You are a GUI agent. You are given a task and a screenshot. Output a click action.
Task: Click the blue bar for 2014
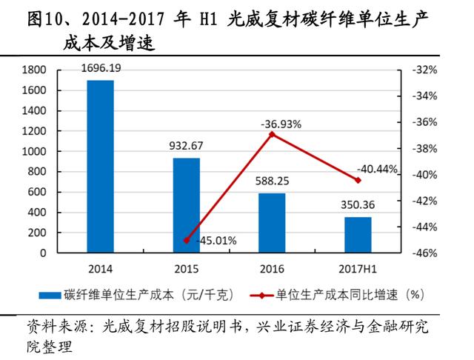101,167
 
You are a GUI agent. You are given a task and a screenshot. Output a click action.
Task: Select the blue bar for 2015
187,205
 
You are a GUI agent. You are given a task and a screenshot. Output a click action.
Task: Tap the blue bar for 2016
272,223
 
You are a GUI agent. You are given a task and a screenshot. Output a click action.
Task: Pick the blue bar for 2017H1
358,235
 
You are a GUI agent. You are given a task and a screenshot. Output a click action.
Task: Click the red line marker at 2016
272,134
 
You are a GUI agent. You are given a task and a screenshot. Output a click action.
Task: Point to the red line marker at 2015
187,241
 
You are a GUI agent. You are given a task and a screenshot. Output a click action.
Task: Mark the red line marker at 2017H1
358,180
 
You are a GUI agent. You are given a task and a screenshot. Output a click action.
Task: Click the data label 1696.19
102,69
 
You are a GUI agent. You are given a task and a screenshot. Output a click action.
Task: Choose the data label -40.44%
377,168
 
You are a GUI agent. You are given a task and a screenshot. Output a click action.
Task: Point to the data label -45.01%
214,241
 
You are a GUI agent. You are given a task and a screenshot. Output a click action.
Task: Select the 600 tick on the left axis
38,192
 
